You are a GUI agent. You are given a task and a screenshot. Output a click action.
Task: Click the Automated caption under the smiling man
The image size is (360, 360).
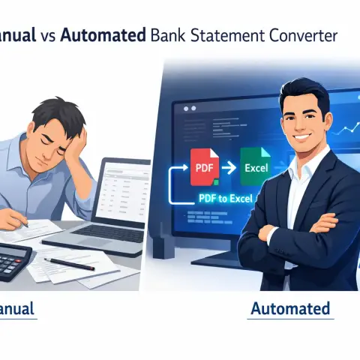290,308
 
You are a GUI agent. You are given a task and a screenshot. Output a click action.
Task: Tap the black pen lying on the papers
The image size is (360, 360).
69,263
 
